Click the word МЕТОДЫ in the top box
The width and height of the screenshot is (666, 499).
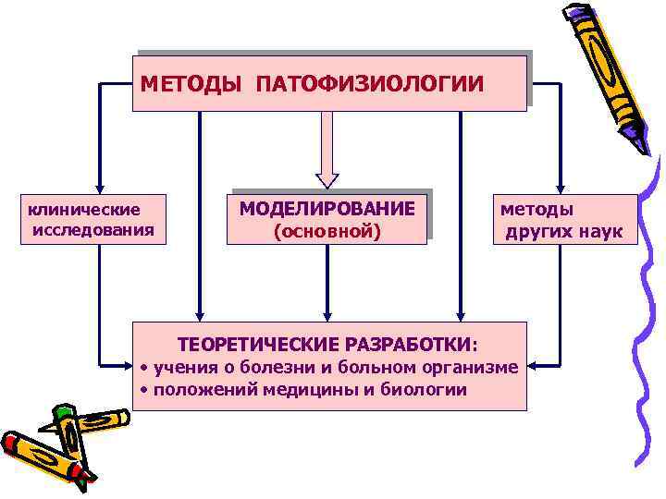[191, 85]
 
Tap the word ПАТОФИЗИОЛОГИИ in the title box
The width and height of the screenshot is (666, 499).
[370, 85]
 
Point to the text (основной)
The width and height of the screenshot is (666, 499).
[327, 230]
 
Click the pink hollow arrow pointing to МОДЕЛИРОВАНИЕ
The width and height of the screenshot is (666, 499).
[327, 152]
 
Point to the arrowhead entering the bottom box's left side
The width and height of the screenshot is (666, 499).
[129, 363]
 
